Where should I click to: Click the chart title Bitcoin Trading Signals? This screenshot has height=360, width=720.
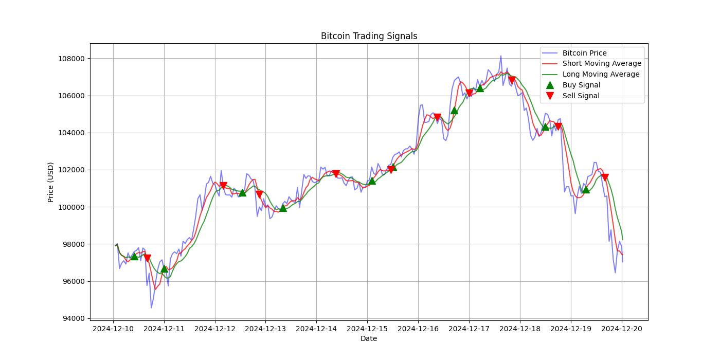coord(369,36)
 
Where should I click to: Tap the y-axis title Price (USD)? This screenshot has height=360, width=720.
coord(51,182)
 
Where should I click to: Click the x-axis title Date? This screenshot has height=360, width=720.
coord(368,338)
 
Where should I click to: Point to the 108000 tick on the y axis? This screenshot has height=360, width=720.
coord(71,59)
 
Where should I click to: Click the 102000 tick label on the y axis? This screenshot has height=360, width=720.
coord(71,170)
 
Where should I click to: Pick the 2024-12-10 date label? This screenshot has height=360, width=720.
coord(113,329)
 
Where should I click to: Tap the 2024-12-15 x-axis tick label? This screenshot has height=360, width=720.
coord(367,329)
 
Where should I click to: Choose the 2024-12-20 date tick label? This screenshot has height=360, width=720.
coord(622,329)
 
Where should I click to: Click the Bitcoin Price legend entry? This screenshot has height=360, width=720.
coord(584,53)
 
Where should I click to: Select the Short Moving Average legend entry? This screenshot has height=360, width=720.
coord(602,64)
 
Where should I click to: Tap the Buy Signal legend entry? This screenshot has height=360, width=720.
coord(581,85)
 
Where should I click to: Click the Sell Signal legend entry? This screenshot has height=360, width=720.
coord(581,96)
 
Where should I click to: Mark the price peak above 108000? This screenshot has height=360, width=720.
coord(500,56)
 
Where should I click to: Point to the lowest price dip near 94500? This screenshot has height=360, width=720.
coord(151,308)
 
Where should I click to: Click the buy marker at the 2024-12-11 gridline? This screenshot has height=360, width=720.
coord(164,268)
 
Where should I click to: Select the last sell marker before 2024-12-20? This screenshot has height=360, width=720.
coord(605,177)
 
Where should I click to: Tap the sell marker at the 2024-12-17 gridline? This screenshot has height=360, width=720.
coord(469,93)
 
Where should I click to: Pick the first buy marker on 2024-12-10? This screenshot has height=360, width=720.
coord(134,256)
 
